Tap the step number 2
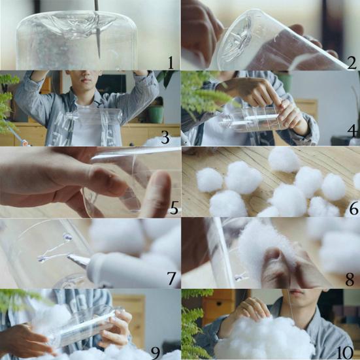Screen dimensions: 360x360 pos(351,63)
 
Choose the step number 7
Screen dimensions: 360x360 pos(173,280)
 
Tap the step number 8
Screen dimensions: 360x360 pos(350,280)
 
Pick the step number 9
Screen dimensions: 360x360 pos(156,353)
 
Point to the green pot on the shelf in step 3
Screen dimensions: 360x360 pos(155,114)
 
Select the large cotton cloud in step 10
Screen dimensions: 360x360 pos(268,340)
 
